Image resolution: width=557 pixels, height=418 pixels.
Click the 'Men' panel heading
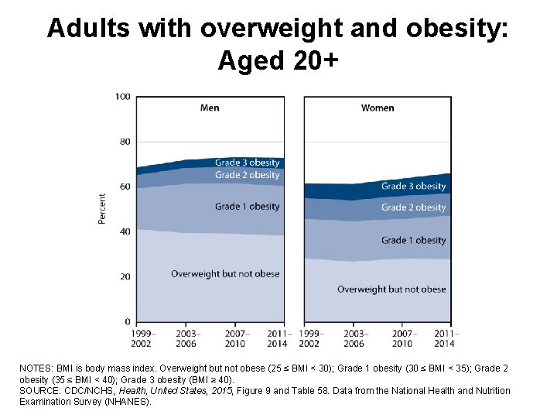pyautogui.click(x=210, y=108)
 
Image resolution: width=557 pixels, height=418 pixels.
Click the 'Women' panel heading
pyautogui.click(x=378, y=108)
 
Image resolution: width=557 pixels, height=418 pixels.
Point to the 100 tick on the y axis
pyautogui.click(x=122, y=97)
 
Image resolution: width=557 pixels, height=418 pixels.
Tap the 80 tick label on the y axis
pyautogui.click(x=124, y=142)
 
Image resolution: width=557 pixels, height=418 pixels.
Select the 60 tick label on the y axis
pyautogui.click(x=124, y=187)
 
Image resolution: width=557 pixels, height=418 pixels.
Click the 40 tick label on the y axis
pyautogui.click(x=124, y=231)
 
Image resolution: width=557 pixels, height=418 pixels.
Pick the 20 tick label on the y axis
pyautogui.click(x=124, y=276)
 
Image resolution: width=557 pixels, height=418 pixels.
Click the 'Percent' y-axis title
pyautogui.click(x=102, y=209)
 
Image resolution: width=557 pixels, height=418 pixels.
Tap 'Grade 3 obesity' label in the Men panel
pyautogui.click(x=247, y=163)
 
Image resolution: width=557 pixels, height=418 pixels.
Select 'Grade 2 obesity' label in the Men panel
pyautogui.click(x=247, y=175)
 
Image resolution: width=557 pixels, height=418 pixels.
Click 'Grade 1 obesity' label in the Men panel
pyautogui.click(x=247, y=207)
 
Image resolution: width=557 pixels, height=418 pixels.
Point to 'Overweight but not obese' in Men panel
pyautogui.click(x=225, y=274)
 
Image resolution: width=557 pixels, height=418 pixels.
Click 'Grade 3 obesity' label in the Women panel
pyautogui.click(x=413, y=186)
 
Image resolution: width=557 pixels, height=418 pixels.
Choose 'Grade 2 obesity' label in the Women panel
pyautogui.click(x=413, y=207)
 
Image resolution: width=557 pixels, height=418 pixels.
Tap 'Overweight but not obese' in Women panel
pyautogui.click(x=391, y=290)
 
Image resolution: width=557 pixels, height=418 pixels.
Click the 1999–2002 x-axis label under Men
pyautogui.click(x=140, y=338)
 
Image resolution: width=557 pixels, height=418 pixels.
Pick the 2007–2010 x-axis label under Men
pyautogui.click(x=234, y=338)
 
